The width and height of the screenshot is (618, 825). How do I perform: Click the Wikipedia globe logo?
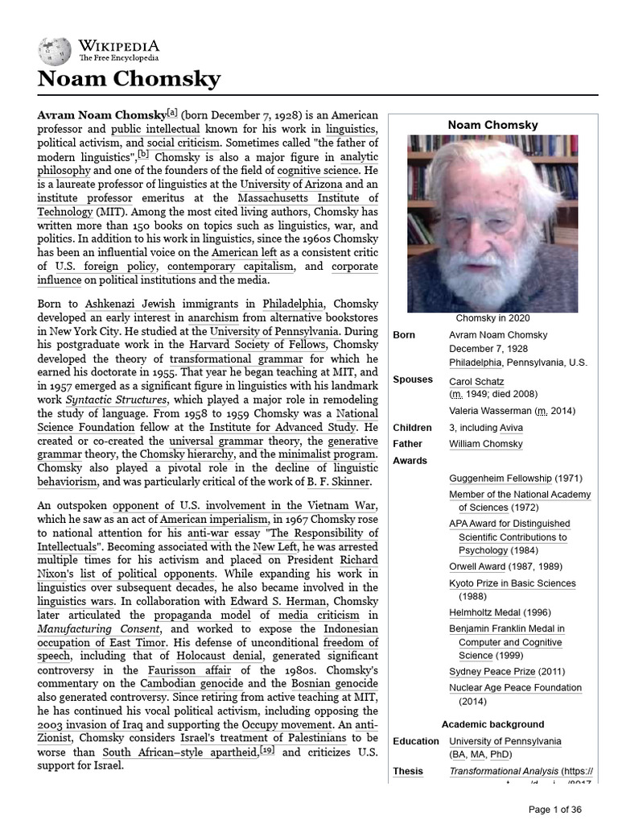(x=54, y=51)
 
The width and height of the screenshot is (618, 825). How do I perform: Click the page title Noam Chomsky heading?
(x=129, y=80)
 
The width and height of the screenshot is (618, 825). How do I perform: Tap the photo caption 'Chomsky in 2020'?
(x=492, y=318)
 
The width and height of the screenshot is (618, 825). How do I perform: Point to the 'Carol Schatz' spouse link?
(x=476, y=381)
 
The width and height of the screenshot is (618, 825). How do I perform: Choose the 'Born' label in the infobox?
(x=405, y=334)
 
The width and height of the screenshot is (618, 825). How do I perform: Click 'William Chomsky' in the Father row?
(x=485, y=444)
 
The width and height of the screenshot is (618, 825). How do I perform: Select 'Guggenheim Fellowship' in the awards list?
(x=500, y=479)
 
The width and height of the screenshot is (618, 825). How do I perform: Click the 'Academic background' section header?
(x=492, y=724)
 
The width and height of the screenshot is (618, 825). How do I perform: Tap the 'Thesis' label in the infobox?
(x=408, y=771)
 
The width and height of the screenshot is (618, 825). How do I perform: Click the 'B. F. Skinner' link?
(x=337, y=482)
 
